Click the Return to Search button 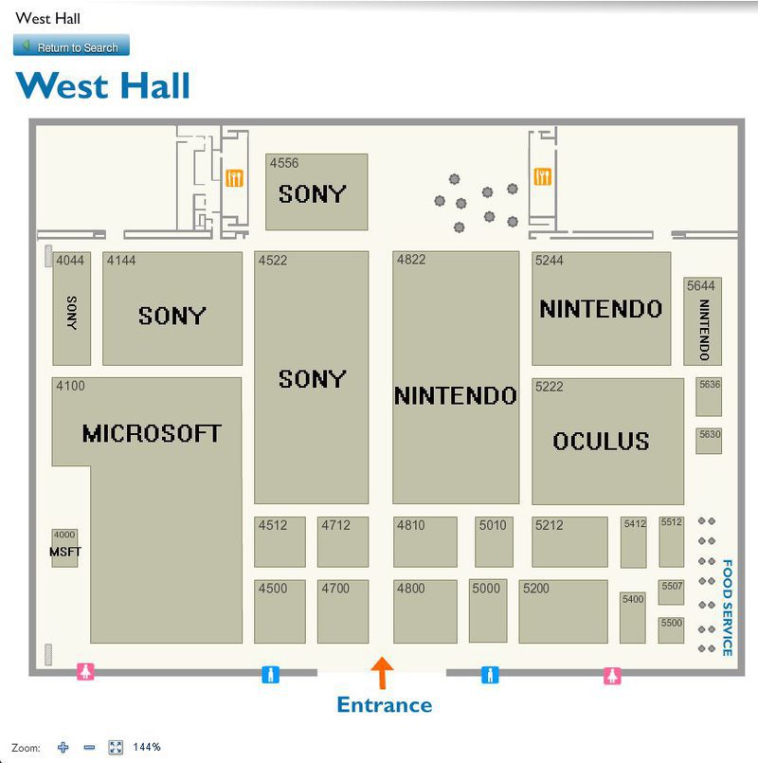click(71, 46)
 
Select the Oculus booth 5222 click(607, 441)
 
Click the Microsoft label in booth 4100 click(152, 434)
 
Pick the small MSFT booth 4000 click(64, 549)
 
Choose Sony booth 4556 click(316, 192)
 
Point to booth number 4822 click(412, 260)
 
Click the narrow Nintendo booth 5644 click(702, 322)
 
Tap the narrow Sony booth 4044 click(71, 309)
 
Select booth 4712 click(342, 542)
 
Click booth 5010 click(494, 542)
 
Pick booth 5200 click(563, 611)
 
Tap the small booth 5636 click(709, 397)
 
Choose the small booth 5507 click(672, 592)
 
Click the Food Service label click(727, 608)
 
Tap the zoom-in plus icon click(63, 747)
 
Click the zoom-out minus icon click(89, 747)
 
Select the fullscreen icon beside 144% click(116, 747)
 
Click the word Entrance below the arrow click(385, 704)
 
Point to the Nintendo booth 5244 click(601, 309)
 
